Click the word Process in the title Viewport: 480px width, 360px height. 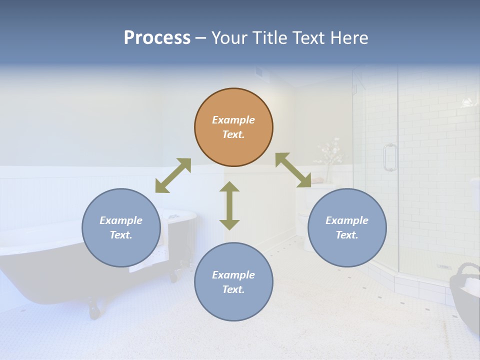click(157, 38)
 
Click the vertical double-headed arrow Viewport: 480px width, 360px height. click(229, 205)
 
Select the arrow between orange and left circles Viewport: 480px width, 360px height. click(173, 175)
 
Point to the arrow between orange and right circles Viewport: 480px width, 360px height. click(293, 170)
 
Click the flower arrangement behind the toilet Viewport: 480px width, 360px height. click(328, 155)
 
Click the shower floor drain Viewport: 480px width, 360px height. click(443, 267)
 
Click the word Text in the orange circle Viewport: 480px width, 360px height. click(233, 134)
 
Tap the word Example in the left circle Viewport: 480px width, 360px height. click(121, 220)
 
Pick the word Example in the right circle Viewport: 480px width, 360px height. click(347, 220)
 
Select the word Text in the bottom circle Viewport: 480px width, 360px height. click(233, 289)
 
